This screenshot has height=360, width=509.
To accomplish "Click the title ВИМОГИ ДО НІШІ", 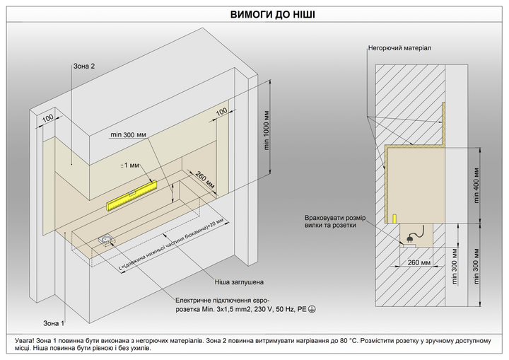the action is pos(272,15).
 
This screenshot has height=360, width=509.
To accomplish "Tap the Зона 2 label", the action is pos(84,66).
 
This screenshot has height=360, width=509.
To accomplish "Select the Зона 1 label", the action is pos(54,323).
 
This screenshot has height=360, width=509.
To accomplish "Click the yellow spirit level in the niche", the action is pos(131,195).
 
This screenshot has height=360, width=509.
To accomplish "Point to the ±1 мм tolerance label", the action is pos(129,166).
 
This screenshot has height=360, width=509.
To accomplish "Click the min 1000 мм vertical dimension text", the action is pos(267,131).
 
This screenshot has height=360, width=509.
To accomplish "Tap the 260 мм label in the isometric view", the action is pos(205,180).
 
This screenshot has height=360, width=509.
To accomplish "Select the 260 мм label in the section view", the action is pos(419,262).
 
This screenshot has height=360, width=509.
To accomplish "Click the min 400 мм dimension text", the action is pos(476,185).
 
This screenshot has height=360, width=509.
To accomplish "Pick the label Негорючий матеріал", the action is pos(399,48).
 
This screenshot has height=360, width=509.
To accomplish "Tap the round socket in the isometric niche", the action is pos(106,240).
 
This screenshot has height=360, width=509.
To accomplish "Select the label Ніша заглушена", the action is pos(239,282).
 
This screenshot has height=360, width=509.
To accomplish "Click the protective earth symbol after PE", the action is pos(311,309).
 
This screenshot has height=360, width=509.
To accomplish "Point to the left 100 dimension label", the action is pos(48,118).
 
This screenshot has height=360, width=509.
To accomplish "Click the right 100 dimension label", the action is pos(222,112).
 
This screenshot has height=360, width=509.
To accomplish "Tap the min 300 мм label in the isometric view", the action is pos(128,134).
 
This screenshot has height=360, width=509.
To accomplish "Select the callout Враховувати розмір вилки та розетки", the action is pos(335,221).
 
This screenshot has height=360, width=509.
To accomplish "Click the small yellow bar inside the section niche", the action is pos(394,219).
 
